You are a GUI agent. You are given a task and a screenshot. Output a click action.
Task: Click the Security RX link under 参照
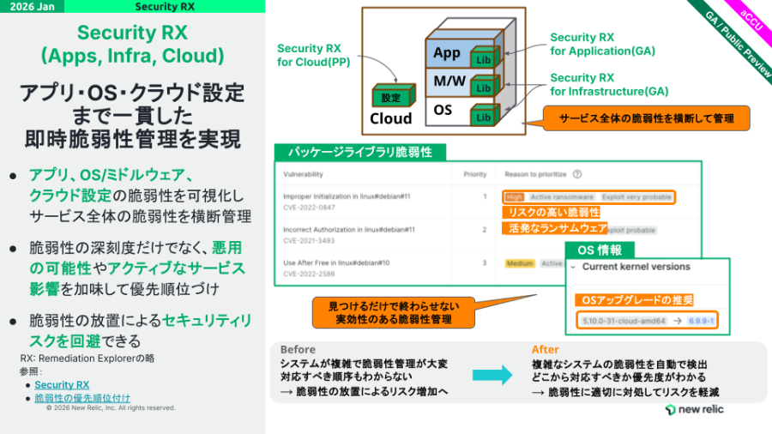tap(62, 385)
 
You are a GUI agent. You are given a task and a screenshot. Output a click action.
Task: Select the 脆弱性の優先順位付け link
tap(82, 398)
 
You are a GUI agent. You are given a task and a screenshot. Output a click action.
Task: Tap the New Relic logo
tap(694, 410)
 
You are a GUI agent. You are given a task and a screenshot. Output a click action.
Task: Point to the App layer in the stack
tap(446, 53)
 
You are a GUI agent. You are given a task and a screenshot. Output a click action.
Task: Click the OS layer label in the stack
tap(443, 111)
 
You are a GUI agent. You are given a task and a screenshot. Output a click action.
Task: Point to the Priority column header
tap(475, 173)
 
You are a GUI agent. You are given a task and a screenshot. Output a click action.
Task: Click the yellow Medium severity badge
tap(519, 263)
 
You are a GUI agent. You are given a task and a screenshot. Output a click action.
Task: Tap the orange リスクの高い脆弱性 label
tap(553, 212)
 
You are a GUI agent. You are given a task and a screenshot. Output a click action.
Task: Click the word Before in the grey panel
tap(298, 350)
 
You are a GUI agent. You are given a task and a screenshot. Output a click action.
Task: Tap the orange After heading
tap(545, 350)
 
